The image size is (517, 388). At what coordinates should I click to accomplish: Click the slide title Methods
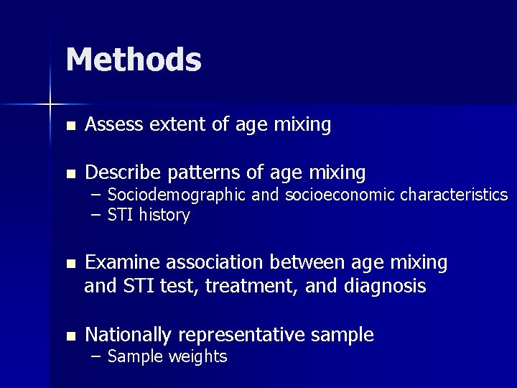[134, 60]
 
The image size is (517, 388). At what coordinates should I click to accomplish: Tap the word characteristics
[454, 195]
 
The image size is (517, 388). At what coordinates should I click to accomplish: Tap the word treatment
[252, 287]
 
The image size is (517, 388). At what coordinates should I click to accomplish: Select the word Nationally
[129, 335]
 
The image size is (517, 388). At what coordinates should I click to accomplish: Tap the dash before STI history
[96, 216]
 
